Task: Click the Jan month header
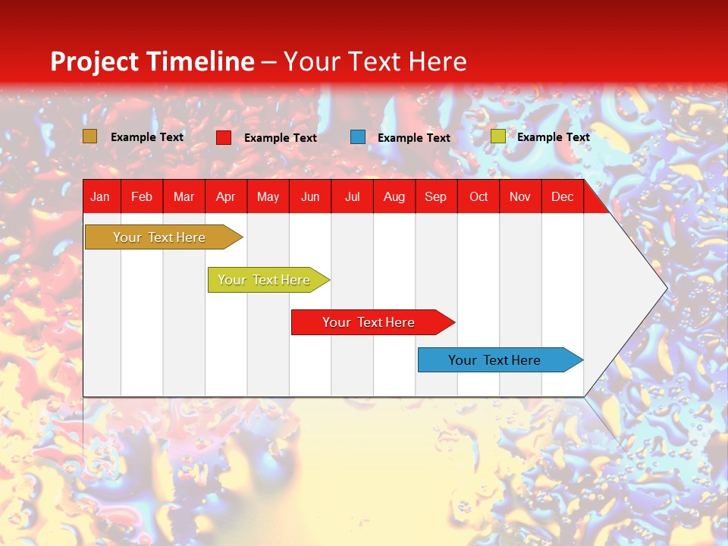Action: tap(100, 197)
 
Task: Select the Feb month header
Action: tap(142, 197)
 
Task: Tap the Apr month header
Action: tap(226, 197)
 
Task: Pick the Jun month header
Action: tap(310, 197)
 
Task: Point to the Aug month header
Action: tap(394, 197)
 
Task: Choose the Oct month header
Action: tap(479, 197)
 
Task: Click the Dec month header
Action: tap(562, 197)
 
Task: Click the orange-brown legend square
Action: tap(90, 136)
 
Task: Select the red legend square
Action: tap(224, 137)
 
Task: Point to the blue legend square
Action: tap(358, 137)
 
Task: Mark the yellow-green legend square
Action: tap(497, 136)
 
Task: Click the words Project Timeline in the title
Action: tap(152, 61)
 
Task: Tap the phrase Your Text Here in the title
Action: tap(375, 61)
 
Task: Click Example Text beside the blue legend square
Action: tap(414, 138)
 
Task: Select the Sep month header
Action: tap(435, 197)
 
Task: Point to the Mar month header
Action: tap(184, 197)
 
